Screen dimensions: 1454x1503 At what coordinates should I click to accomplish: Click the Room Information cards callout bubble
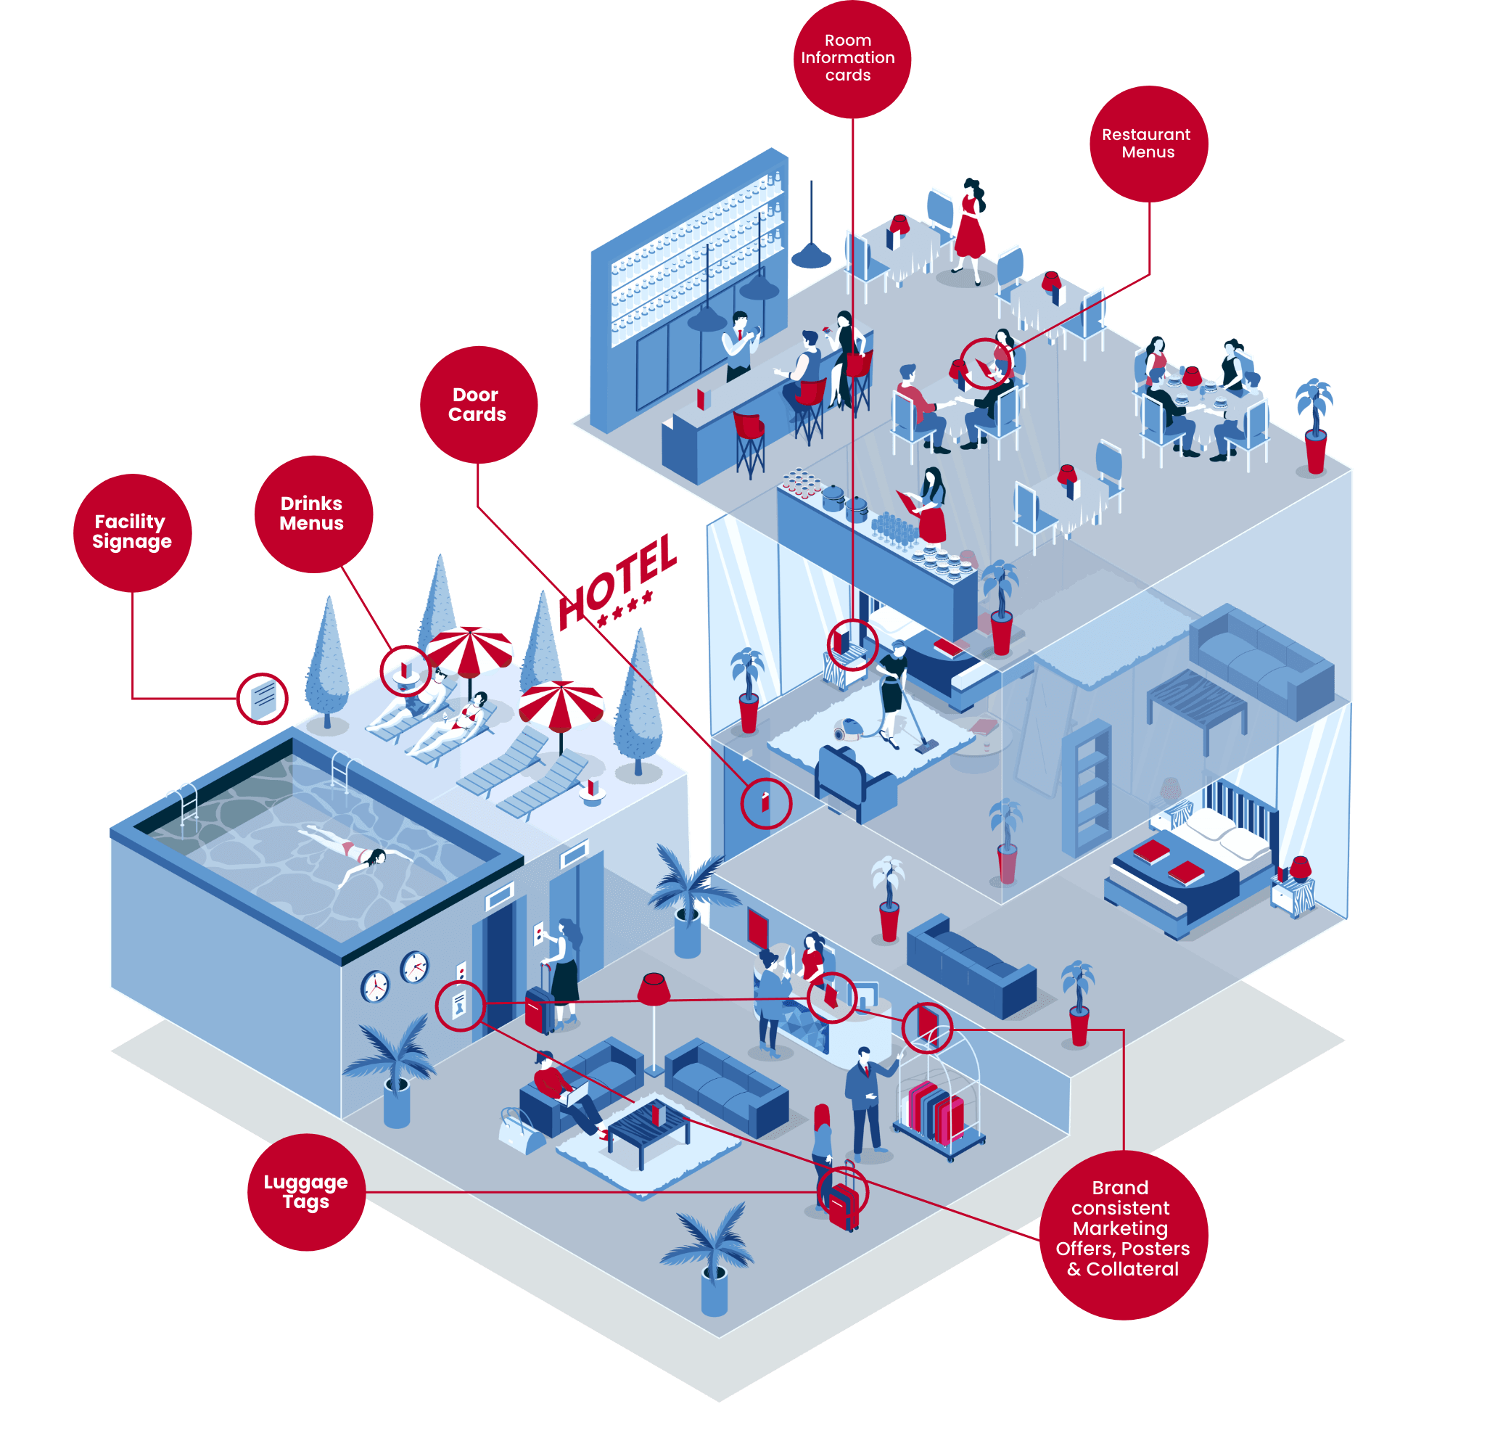coord(851,58)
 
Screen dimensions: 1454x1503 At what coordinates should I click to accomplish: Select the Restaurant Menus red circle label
coord(1148,144)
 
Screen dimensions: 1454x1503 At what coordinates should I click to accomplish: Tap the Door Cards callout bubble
coord(479,404)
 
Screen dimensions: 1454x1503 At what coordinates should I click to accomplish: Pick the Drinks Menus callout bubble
coord(313,513)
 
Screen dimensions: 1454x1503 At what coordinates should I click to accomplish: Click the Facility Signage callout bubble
coord(133,533)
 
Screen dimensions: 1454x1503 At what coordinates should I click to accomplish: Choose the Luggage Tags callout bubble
coord(306,1192)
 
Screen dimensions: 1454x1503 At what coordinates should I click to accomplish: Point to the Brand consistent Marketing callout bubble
coord(1124,1235)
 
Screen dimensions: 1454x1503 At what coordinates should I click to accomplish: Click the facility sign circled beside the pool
coord(263,698)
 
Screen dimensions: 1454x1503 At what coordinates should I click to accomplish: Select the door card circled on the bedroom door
coord(765,802)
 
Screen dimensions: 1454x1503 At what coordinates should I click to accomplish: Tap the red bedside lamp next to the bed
coord(1299,870)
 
